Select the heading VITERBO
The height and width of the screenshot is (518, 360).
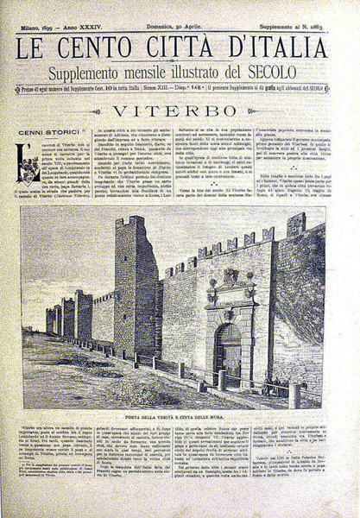pyautogui.click(x=180, y=112)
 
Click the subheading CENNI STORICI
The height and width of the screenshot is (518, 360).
pyautogui.click(x=50, y=131)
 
